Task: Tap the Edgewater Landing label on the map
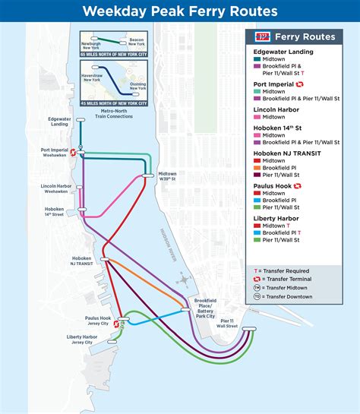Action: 59,122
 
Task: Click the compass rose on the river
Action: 182,278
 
